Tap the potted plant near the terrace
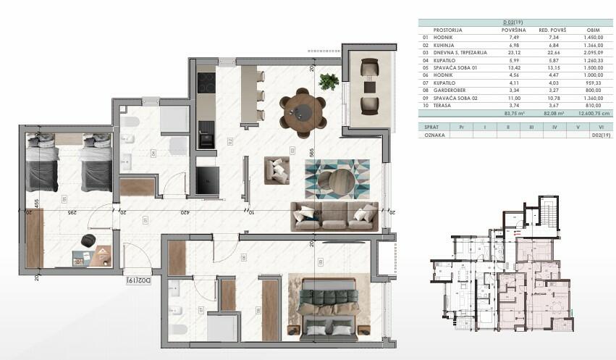(329, 80)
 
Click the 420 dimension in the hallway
(185, 213)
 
